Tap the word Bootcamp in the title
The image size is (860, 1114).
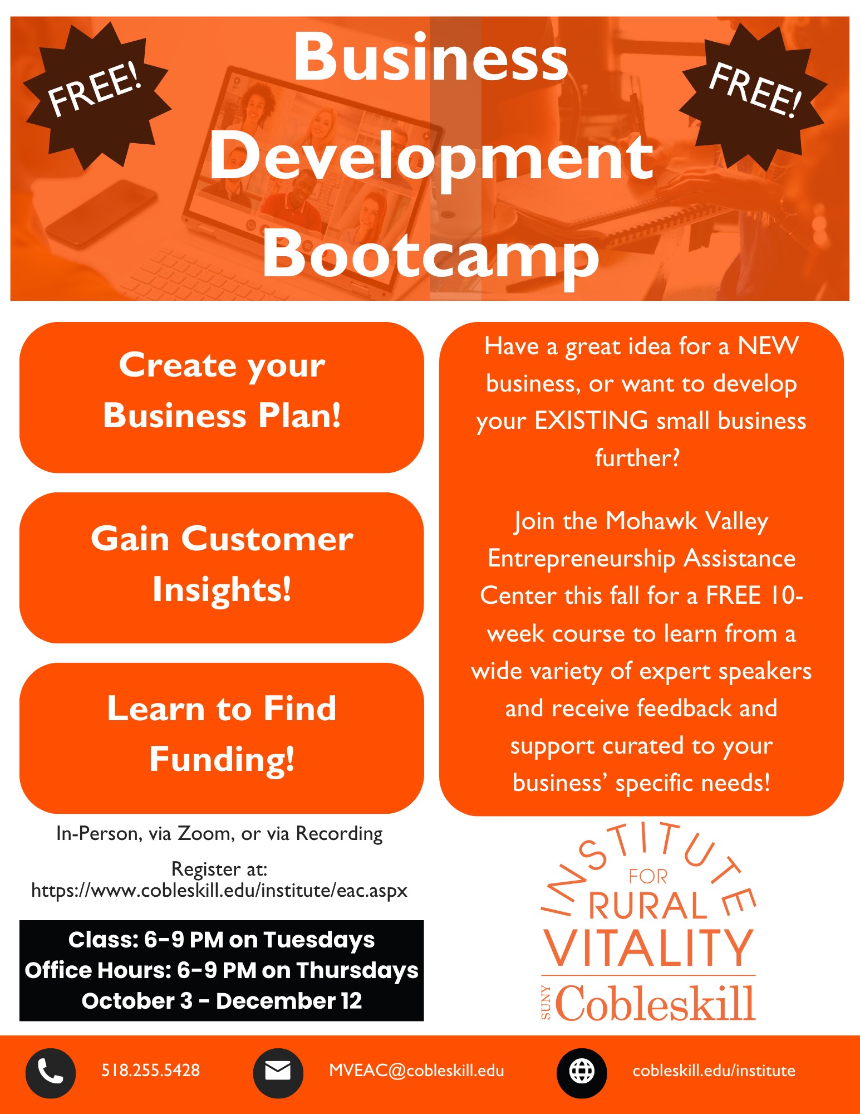point(430,255)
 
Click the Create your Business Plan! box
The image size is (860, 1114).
point(222,397)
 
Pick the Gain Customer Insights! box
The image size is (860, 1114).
point(222,567)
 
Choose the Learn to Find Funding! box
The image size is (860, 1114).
point(222,737)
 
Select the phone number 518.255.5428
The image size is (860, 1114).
point(150,1071)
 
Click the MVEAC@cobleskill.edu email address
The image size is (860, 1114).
point(416,1071)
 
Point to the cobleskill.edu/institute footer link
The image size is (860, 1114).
point(714,1071)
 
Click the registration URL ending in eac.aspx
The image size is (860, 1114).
point(219,891)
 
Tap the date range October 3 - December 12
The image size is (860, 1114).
point(222,1001)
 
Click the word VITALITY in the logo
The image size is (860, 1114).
point(648,948)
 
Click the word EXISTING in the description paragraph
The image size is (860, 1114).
point(591,421)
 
